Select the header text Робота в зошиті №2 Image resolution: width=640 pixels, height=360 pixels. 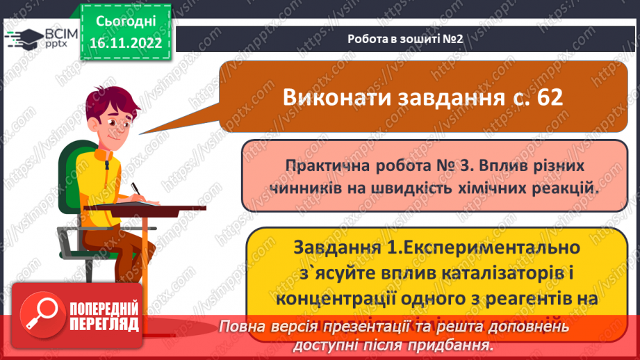tap(405, 39)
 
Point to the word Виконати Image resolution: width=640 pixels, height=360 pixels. tap(335, 97)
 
